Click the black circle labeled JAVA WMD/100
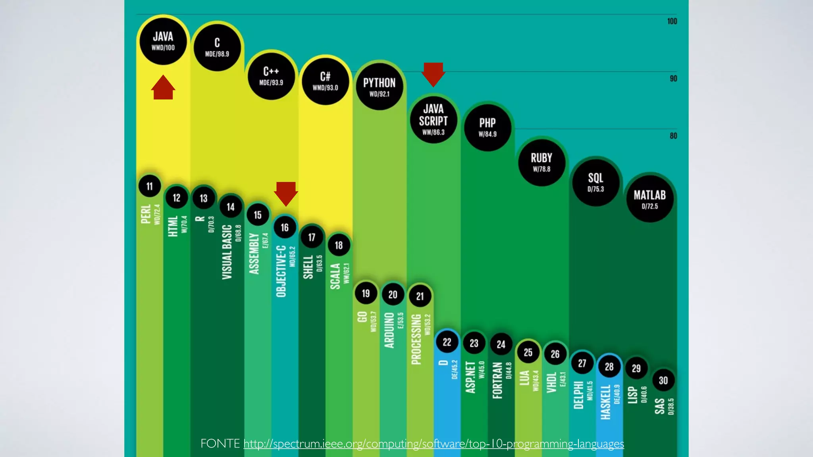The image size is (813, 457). click(x=163, y=41)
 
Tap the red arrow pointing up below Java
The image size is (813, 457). click(x=163, y=88)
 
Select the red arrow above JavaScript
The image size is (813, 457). click(x=433, y=74)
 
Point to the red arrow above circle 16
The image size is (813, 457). click(x=286, y=194)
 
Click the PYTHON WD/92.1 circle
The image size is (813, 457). click(x=379, y=87)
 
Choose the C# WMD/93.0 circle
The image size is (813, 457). click(x=325, y=81)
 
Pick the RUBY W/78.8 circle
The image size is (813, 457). click(x=541, y=162)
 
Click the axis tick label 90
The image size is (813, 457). click(x=673, y=79)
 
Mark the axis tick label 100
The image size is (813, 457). click(x=672, y=21)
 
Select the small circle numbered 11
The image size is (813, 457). click(x=150, y=186)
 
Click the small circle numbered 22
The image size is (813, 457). click(x=447, y=342)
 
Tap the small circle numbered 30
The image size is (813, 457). click(x=663, y=380)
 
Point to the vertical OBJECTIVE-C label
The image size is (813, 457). click(x=281, y=271)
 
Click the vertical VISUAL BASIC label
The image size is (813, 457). click(x=227, y=252)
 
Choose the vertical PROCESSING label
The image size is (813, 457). click(x=416, y=339)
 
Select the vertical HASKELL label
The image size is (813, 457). click(x=605, y=401)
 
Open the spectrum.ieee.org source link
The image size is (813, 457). click(x=433, y=444)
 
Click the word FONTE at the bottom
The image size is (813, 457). click(x=220, y=444)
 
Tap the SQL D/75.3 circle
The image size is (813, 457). click(x=595, y=182)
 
